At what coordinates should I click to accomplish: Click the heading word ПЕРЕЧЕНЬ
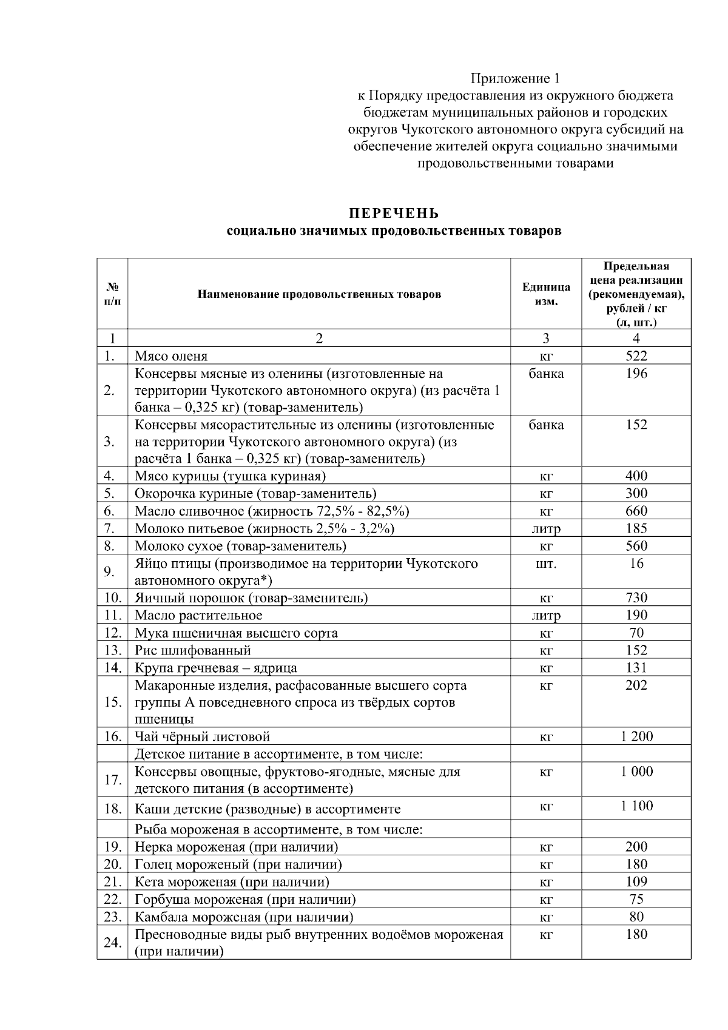pos(394,214)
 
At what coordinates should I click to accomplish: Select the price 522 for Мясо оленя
pos(636,356)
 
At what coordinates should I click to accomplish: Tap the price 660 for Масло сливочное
pos(636,511)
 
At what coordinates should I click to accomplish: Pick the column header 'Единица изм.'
pos(546,294)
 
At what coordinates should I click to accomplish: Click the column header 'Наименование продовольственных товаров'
pos(319,295)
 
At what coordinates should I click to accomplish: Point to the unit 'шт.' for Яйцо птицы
pos(546,564)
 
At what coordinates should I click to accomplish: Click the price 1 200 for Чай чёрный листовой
pos(636,736)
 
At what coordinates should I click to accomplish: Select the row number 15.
pos(112,702)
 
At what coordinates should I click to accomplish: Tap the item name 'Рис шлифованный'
pos(193,650)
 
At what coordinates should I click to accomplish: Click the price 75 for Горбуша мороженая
pos(636,899)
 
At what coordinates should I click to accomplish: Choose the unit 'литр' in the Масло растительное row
pos(546,616)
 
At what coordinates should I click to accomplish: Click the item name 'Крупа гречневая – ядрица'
pos(216,668)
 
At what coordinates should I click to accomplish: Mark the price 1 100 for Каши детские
pos(636,806)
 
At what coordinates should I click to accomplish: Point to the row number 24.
pos(112,943)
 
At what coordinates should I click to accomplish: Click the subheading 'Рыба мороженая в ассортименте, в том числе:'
pos(278,829)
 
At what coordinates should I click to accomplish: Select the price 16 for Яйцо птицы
pos(636,564)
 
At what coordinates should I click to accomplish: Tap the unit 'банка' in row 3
pos(546,425)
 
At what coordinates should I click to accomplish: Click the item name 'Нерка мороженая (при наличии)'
pos(237,847)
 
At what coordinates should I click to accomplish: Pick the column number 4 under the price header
pos(636,338)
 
